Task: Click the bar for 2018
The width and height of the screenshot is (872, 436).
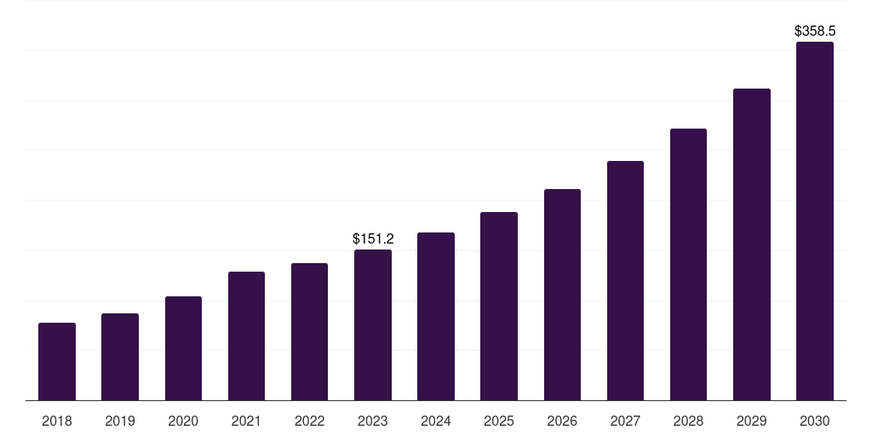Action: coord(57,362)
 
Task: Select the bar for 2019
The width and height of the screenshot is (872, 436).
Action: coord(120,357)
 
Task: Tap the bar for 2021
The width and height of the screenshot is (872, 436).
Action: coord(246,336)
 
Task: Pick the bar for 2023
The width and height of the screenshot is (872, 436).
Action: coord(373,325)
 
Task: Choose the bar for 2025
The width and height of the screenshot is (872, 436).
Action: coord(499,307)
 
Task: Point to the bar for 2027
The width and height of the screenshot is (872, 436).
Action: coord(625,281)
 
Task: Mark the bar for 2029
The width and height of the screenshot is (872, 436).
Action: coord(752,244)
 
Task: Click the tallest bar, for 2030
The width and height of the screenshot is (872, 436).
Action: coord(815,221)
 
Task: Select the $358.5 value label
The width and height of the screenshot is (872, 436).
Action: coord(815,31)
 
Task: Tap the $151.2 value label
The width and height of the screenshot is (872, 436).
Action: coord(373,239)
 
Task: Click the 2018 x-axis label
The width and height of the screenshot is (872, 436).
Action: coord(57,421)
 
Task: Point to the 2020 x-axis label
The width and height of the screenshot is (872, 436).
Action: coord(183,421)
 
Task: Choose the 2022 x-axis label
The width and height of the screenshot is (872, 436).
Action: coord(310,421)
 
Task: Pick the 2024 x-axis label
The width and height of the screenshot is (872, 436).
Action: coord(436,421)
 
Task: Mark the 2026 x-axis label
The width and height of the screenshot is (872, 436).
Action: coord(562,421)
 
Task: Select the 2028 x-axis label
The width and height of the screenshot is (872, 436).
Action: coord(688,421)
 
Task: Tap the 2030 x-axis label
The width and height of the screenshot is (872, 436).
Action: coord(815,421)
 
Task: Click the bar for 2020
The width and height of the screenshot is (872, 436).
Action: coord(183,348)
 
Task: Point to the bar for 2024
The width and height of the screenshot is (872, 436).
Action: coord(436,317)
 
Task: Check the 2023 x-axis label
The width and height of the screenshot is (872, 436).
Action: coord(373,421)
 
